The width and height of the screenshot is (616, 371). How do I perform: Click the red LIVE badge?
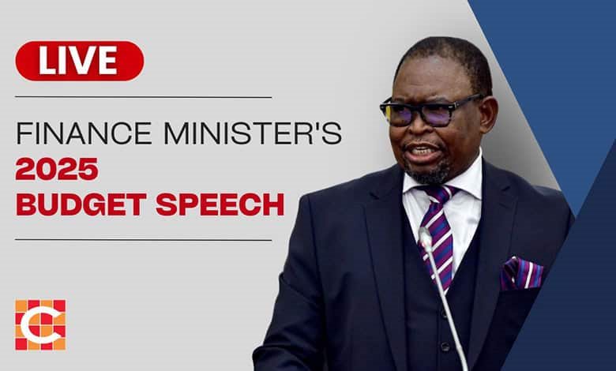click(x=80, y=61)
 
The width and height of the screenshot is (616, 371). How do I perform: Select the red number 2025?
click(x=57, y=168)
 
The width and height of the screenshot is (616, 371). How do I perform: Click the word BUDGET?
click(x=81, y=204)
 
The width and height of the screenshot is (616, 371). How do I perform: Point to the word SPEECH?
click(x=220, y=204)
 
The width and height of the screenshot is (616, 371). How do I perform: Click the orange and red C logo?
click(x=40, y=324)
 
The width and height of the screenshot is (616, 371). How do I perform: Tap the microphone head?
click(x=425, y=238)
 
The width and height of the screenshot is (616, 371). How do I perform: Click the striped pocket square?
click(x=522, y=273)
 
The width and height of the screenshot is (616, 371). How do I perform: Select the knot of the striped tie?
click(x=439, y=195)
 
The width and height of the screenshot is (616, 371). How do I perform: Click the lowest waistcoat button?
click(x=445, y=347)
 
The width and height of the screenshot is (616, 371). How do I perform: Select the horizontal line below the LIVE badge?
click(x=144, y=97)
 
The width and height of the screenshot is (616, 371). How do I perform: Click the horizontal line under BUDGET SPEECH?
click(x=144, y=239)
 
